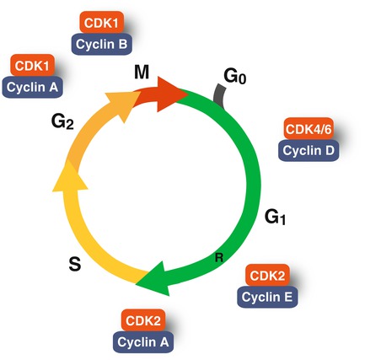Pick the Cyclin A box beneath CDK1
31,85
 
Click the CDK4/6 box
308,132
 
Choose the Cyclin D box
309,151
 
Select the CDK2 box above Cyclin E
267,277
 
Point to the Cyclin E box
267,296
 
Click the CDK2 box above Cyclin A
142,320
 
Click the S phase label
74,265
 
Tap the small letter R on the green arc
217,257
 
